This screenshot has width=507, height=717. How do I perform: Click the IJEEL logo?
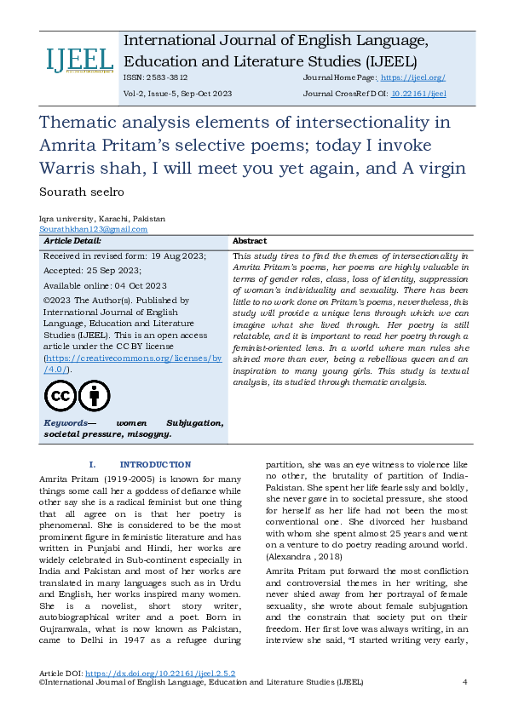tap(79, 60)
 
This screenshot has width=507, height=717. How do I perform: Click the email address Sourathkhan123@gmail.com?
tap(93, 229)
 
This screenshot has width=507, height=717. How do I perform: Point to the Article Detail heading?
tap(73, 241)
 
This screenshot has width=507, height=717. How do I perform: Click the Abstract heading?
tap(249, 241)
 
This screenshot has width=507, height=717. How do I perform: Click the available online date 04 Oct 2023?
tap(138, 285)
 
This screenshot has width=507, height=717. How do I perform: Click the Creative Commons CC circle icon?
tap(60, 396)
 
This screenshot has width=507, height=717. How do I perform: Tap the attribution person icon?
tap(94, 396)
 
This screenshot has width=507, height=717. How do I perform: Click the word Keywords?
tap(66, 423)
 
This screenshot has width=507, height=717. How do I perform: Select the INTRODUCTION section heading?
tap(155, 464)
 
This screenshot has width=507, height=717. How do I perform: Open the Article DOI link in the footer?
tap(158, 673)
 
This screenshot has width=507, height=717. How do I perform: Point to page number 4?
tap(464, 682)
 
